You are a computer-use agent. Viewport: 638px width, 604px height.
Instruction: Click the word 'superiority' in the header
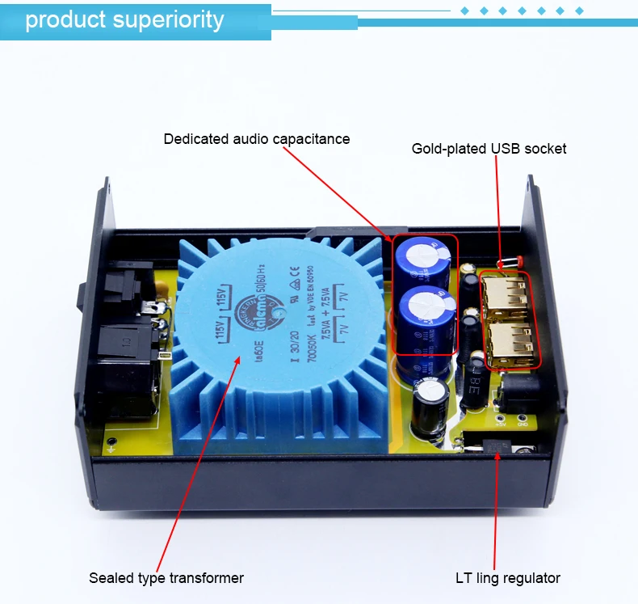[x=171, y=19]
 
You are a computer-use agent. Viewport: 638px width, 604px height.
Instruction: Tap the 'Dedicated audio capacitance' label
[x=257, y=139]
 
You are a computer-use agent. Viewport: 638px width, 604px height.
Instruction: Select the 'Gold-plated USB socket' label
[x=489, y=149]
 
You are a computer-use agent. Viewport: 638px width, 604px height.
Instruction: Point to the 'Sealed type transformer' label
[x=166, y=577]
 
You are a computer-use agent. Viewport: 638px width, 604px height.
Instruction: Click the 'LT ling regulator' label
[x=507, y=577]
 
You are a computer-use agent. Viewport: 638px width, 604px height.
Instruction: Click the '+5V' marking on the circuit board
[x=501, y=422]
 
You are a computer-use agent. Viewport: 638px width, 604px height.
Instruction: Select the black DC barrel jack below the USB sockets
[x=517, y=395]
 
